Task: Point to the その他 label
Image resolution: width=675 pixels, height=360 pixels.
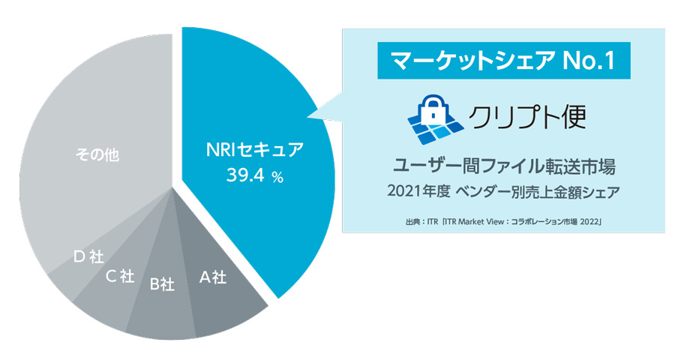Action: click(98, 155)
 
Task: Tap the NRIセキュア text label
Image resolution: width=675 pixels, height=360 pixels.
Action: click(255, 150)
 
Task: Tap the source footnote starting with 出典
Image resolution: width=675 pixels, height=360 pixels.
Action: click(503, 221)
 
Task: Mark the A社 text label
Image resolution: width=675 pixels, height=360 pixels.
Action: click(212, 277)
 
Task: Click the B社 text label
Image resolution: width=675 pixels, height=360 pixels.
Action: click(162, 284)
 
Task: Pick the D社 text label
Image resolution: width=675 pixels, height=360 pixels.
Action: click(88, 257)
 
